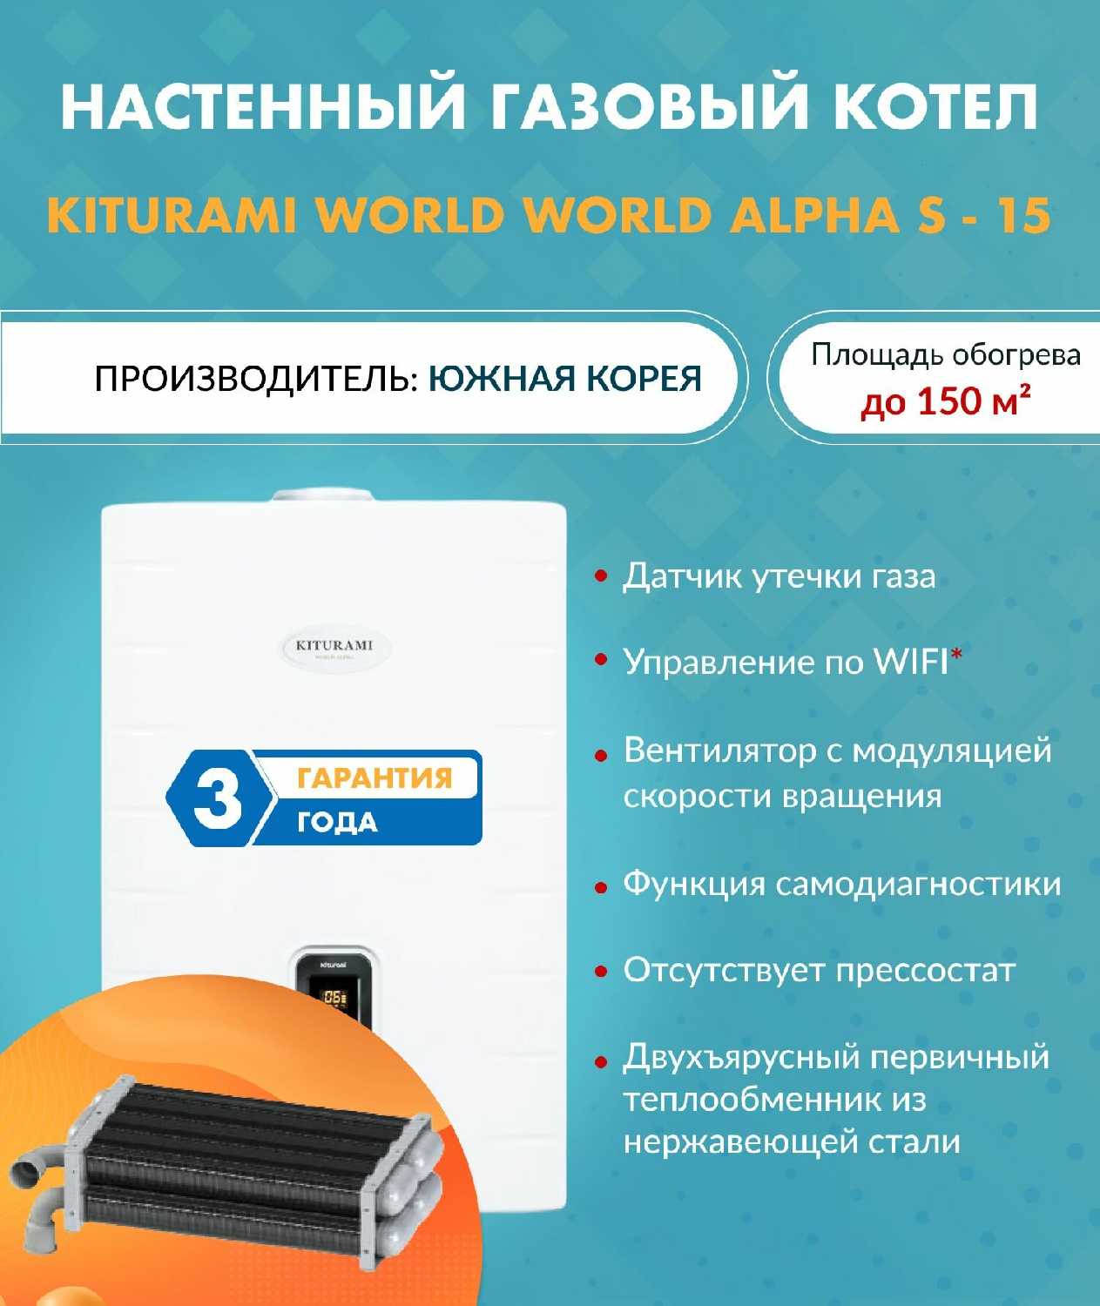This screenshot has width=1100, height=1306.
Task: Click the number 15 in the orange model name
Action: (x=1024, y=217)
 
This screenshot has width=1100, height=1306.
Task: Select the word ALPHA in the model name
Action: (x=814, y=217)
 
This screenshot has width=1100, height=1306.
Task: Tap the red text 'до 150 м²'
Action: (x=945, y=401)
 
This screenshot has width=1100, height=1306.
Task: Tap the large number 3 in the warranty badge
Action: (x=218, y=798)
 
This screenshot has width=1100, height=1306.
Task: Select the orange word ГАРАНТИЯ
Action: (x=375, y=778)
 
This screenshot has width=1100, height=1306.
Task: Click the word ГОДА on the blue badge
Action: (x=337, y=823)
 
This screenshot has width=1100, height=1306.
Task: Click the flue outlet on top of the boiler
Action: (x=322, y=495)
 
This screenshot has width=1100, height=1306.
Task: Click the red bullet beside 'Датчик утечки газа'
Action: (x=601, y=576)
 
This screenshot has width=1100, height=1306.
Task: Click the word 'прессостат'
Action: (x=926, y=972)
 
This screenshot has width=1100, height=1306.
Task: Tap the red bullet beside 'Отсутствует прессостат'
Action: (x=601, y=972)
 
